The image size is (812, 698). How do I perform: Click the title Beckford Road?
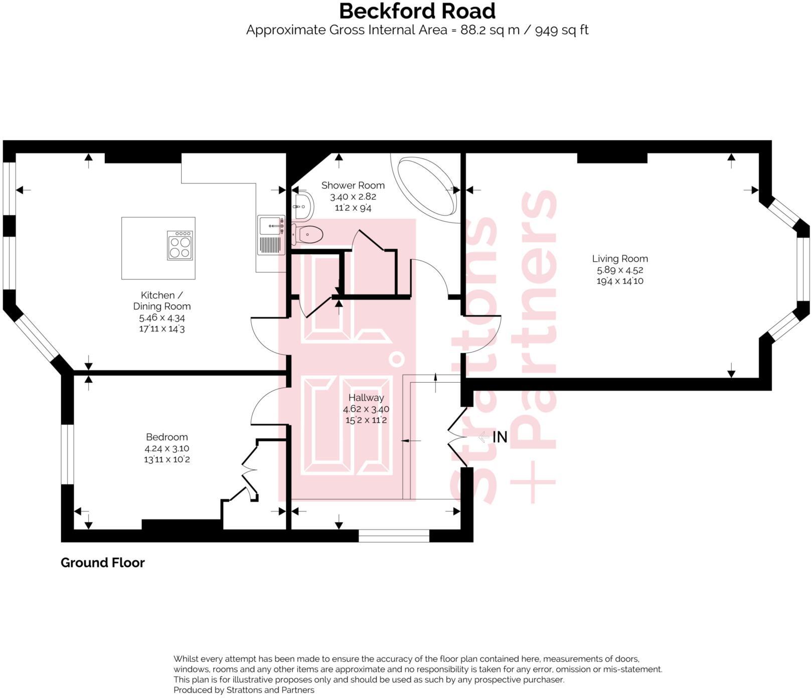417,11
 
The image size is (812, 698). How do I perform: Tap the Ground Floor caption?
102,563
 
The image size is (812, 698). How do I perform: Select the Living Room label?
620,259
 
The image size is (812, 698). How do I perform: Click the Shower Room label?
353,186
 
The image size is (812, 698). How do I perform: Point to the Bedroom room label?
167,437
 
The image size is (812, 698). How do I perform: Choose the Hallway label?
366,398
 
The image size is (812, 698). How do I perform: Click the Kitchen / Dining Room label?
161,301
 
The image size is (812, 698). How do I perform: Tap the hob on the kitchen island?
180,245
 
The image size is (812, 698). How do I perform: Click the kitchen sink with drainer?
271,235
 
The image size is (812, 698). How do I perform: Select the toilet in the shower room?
308,234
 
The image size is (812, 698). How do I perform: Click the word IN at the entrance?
500,437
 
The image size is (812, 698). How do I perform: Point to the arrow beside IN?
483,437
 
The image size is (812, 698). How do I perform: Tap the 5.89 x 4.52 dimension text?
620,270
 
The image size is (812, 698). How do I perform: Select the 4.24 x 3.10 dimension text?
167,448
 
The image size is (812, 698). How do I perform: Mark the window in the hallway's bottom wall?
394,536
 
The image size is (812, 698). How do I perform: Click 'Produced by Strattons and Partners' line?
244,690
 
